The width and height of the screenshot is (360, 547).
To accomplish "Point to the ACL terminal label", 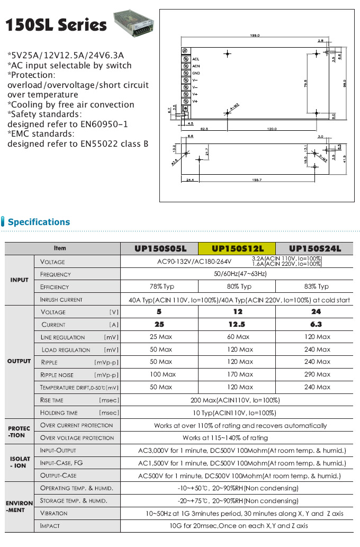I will pyautogui.click(x=196, y=59).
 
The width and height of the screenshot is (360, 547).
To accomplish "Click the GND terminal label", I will pyautogui.click(x=196, y=73).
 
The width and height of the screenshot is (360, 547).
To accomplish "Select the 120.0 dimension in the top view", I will pyautogui.click(x=272, y=128).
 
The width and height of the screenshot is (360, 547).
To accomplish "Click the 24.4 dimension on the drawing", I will pyautogui.click(x=190, y=180).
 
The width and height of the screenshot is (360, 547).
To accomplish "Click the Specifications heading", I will pyautogui.click(x=39, y=222).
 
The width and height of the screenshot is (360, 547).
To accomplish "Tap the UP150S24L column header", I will pyautogui.click(x=316, y=248).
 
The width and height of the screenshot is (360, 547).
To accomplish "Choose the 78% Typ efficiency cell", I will pyautogui.click(x=159, y=286).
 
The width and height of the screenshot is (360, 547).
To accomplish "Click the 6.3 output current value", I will pyautogui.click(x=317, y=325).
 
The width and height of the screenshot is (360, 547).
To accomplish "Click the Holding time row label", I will pyautogui.click(x=59, y=413).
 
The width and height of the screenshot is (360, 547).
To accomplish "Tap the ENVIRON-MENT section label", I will pyautogui.click(x=20, y=507).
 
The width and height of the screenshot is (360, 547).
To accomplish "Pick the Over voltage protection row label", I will pyautogui.click(x=77, y=438).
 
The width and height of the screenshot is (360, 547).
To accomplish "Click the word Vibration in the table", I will pyautogui.click(x=54, y=513).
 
